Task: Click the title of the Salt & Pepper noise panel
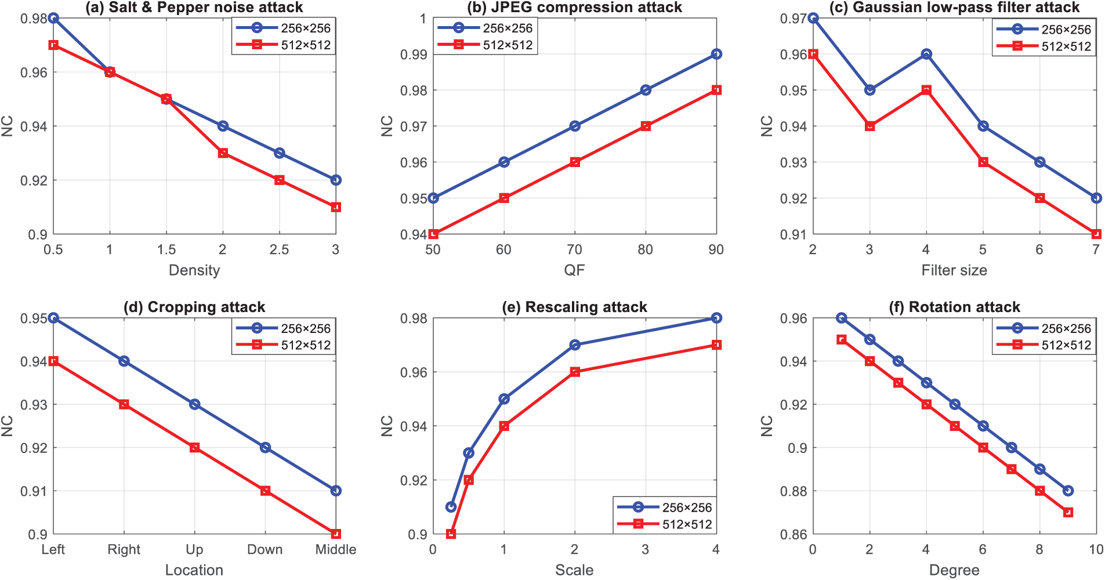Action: click(x=194, y=8)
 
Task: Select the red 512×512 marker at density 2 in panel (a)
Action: click(x=223, y=153)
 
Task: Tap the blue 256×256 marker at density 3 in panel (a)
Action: click(x=336, y=180)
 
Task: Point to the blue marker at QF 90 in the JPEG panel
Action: click(x=716, y=54)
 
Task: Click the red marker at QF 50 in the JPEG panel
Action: click(x=433, y=234)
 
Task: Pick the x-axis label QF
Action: click(x=574, y=270)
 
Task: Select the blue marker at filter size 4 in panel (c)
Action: click(x=926, y=54)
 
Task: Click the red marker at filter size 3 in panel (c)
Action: click(x=869, y=126)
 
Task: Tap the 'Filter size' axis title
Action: click(x=954, y=270)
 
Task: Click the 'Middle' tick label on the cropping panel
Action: click(x=336, y=549)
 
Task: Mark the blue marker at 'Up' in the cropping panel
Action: click(x=195, y=404)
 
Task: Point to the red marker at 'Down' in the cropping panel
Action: click(x=265, y=491)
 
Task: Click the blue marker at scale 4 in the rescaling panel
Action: click(x=716, y=318)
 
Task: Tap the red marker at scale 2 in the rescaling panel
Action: click(x=575, y=372)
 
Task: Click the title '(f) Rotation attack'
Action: click(x=954, y=307)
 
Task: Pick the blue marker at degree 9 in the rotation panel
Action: click(x=1068, y=491)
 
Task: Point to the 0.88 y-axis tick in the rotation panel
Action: click(x=794, y=491)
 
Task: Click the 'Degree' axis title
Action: click(x=954, y=570)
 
